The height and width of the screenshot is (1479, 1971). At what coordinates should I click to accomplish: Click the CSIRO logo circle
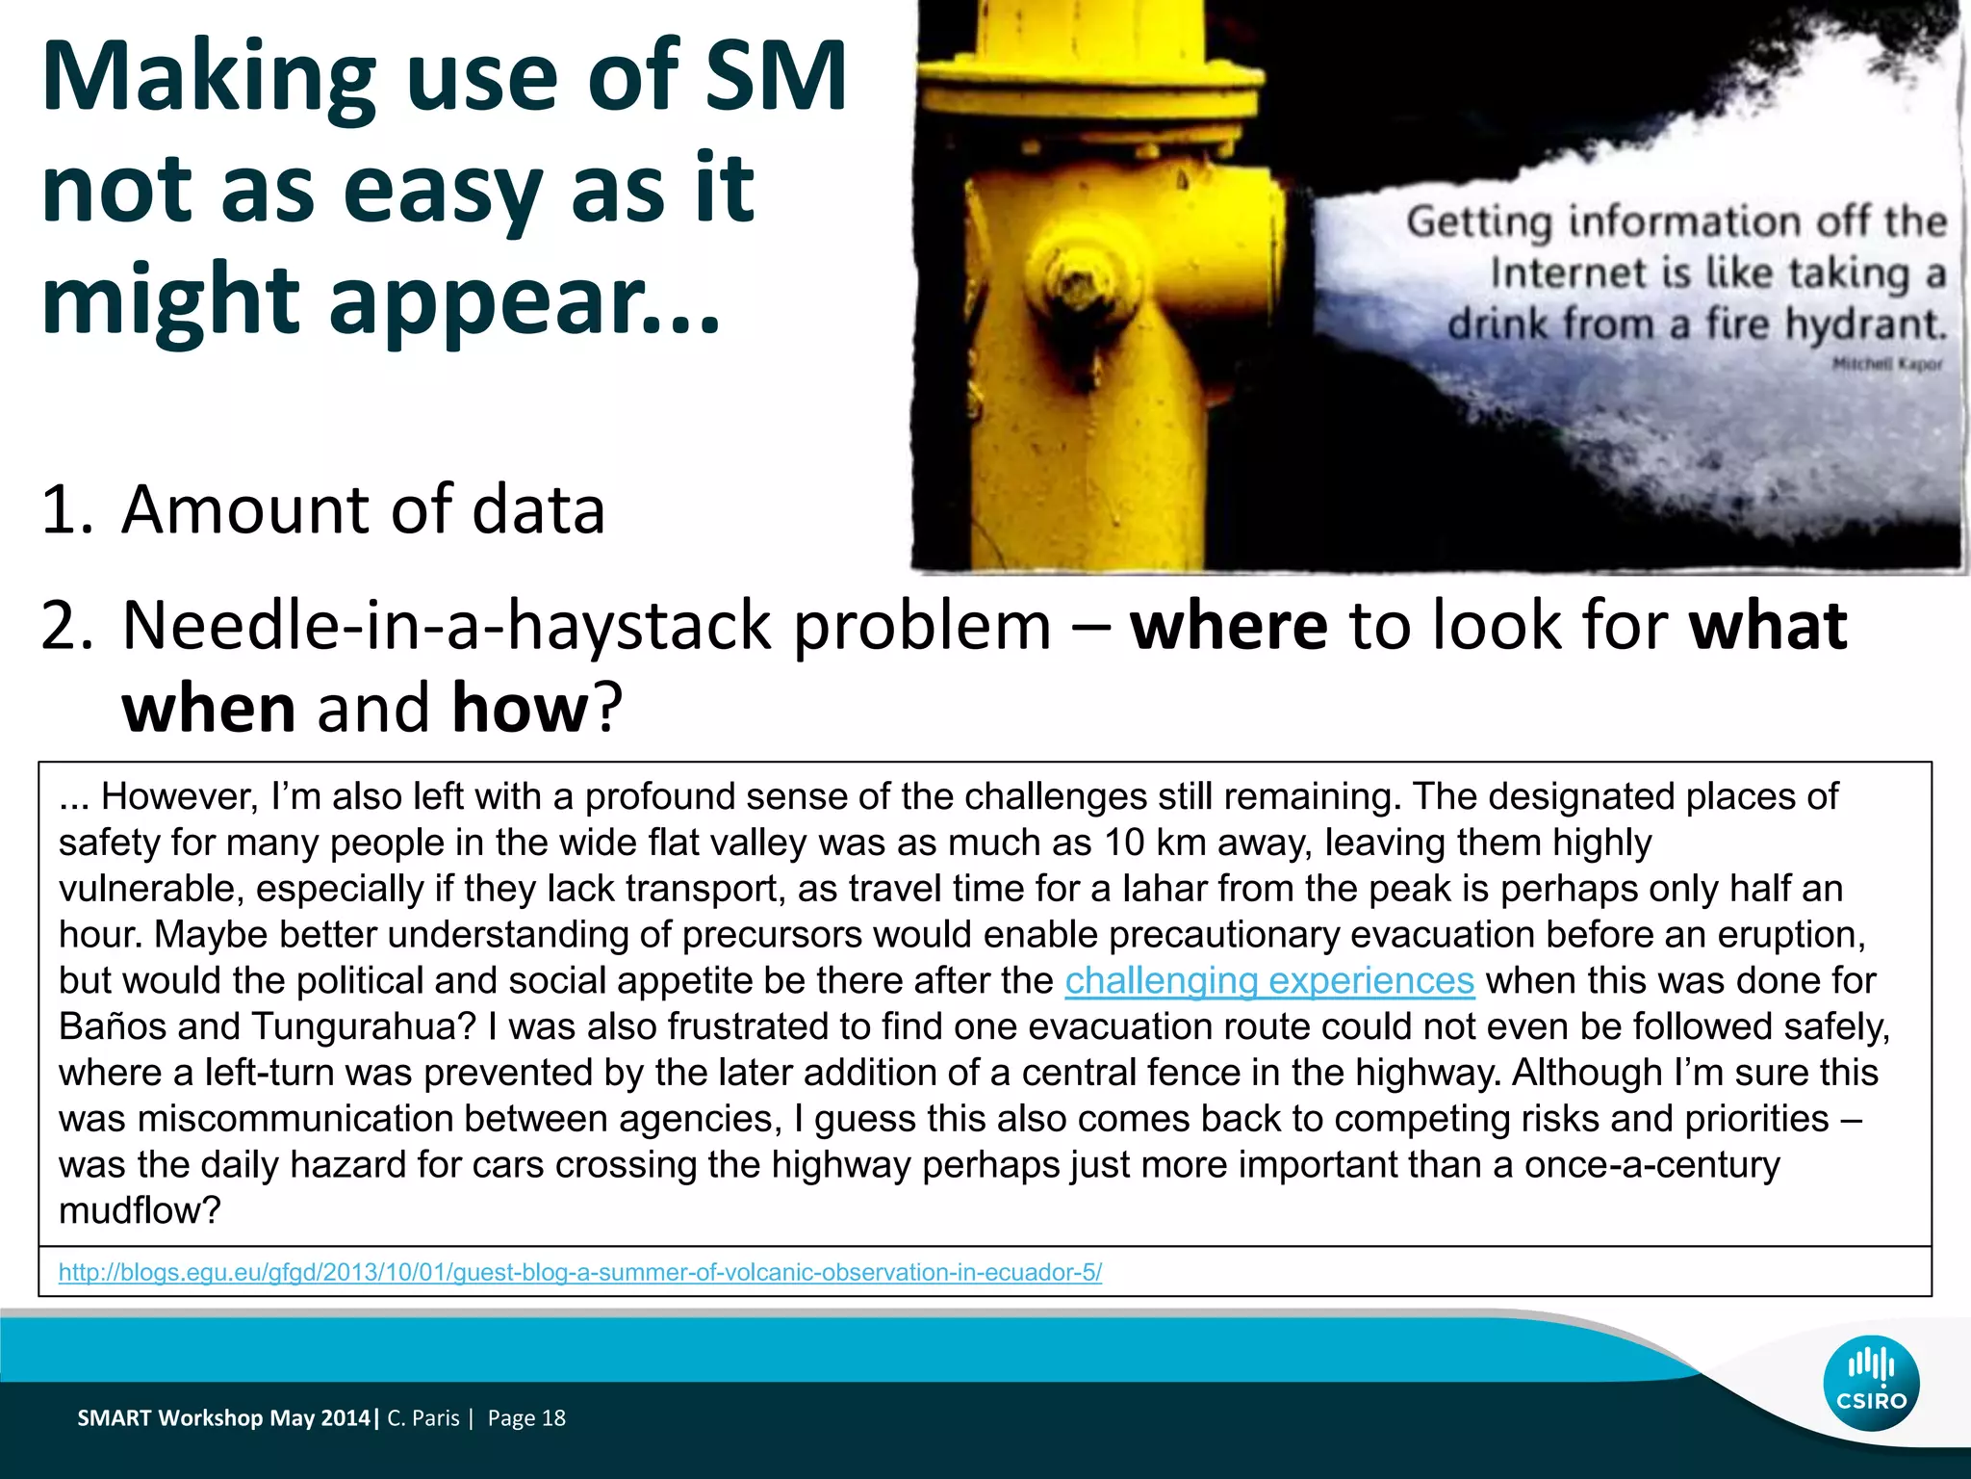(x=1870, y=1383)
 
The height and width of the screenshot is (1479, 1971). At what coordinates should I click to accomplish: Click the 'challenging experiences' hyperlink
(x=1268, y=980)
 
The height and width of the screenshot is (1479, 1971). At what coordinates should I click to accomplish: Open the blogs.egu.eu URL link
(x=579, y=1272)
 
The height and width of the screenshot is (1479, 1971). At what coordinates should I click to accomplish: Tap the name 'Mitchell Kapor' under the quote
(x=1886, y=364)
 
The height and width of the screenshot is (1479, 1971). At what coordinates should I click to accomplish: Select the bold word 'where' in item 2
(x=1228, y=626)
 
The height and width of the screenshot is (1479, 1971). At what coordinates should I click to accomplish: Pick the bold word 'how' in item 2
(x=520, y=708)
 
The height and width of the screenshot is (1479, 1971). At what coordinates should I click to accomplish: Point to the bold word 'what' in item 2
(x=1768, y=626)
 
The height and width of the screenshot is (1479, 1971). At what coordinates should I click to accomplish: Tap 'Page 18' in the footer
(x=526, y=1417)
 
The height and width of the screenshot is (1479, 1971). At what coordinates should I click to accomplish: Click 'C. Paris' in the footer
(x=423, y=1417)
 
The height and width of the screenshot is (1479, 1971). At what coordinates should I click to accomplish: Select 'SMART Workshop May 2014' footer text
(x=223, y=1417)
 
